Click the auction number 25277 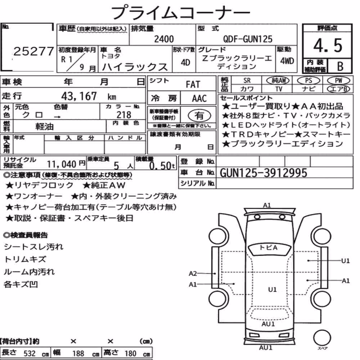point(33,51)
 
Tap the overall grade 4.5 point(328,45)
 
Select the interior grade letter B point(340,66)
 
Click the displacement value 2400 point(164,39)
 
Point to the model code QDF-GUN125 point(248,39)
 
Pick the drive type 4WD point(287,61)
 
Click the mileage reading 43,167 point(79,96)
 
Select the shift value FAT point(193,84)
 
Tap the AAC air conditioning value point(199,99)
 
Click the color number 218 point(124,114)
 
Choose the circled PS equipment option point(309,81)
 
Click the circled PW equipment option point(338,81)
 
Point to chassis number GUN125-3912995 point(264,173)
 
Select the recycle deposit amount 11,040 point(62,165)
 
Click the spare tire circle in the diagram point(322,338)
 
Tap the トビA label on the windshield point(269,248)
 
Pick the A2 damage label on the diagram point(193,274)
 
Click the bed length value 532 point(30,353)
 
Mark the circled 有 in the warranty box point(199,115)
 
